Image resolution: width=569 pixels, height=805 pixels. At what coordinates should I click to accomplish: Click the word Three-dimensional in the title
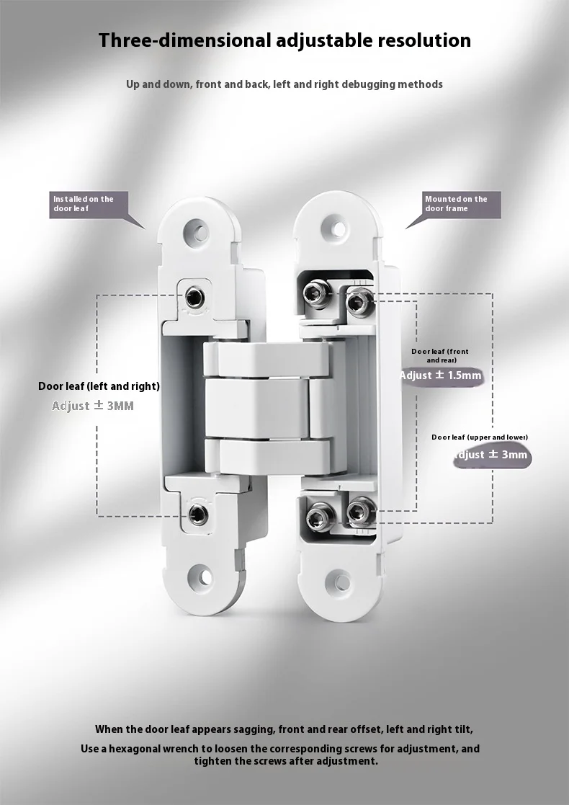pos(185,40)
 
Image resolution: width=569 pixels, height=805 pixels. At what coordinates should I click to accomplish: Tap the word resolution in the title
pos(425,40)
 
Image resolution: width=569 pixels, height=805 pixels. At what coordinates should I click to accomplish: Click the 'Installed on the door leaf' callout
pos(84,204)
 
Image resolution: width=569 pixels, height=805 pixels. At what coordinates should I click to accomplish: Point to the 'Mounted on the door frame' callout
pos(456,204)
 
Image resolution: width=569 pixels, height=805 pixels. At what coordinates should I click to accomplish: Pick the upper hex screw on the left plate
pos(194,296)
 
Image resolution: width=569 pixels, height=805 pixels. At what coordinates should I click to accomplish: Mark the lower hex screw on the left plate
pos(197,514)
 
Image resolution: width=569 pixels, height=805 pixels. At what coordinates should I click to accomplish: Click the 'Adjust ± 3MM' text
pos(93,406)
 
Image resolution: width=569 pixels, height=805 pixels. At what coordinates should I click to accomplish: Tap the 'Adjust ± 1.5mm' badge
pos(440,375)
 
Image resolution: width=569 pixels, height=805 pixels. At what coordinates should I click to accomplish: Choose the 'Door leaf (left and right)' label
pos(99,386)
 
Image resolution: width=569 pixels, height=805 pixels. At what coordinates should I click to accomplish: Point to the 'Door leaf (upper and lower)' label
pos(480,437)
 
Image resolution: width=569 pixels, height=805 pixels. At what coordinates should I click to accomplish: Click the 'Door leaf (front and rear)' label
pos(440,355)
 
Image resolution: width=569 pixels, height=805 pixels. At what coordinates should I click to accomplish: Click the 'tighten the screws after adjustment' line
pos(285,762)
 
